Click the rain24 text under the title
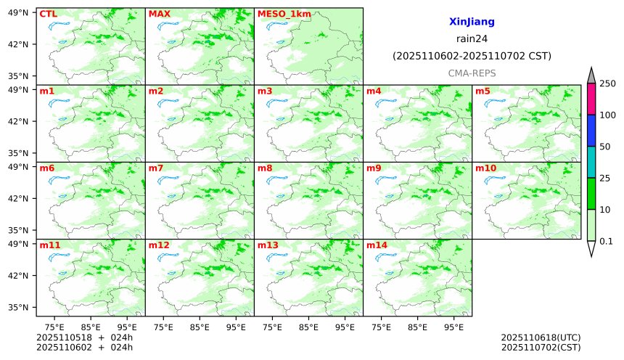tap(472, 38)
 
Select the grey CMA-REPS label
tap(472, 73)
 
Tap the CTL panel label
tap(48, 14)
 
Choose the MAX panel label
tap(159, 14)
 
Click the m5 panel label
tap(483, 91)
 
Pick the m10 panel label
tap(485, 168)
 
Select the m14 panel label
tap(377, 245)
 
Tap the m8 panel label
tap(265, 168)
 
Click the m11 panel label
tap(50, 245)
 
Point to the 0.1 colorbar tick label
tap(606, 241)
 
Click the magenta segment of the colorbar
tap(591, 99)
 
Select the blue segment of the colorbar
tap(591, 130)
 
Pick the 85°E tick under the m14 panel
tap(417, 327)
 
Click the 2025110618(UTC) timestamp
tap(541, 337)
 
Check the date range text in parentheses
tap(472, 56)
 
